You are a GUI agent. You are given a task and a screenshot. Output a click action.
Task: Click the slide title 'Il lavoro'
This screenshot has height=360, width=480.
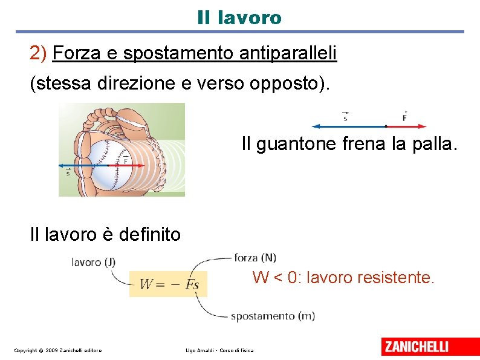click(x=239, y=18)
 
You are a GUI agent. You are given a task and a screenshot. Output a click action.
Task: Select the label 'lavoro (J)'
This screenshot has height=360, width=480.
click(x=93, y=262)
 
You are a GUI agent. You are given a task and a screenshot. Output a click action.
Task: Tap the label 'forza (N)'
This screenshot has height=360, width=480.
click(x=255, y=258)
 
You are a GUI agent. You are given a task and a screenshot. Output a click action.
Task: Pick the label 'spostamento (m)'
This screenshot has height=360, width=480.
click(x=273, y=316)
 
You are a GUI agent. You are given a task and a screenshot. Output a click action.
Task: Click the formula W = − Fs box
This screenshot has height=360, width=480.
click(x=168, y=284)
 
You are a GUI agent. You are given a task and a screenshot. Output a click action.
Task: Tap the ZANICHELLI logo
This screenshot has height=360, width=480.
click(x=423, y=347)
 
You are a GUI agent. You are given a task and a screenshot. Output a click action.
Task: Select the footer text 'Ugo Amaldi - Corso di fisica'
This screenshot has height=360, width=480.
click(x=219, y=350)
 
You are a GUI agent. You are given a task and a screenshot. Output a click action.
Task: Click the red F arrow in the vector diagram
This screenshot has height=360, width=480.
click(x=406, y=126)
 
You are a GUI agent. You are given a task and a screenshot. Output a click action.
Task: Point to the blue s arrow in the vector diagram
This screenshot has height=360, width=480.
click(x=348, y=126)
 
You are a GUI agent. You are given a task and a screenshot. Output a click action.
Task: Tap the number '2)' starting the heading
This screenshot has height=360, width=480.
click(x=38, y=54)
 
